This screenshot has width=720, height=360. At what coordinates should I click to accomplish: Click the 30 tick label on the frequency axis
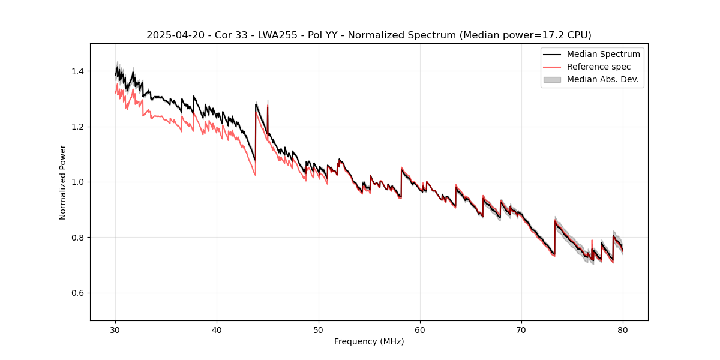(116, 329)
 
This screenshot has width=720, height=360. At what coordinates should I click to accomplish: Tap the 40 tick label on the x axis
(217, 329)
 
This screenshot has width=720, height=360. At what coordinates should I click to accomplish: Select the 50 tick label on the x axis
(319, 329)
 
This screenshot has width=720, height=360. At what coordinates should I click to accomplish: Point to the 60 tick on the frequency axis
(420, 329)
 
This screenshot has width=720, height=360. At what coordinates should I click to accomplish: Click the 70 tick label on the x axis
(521, 329)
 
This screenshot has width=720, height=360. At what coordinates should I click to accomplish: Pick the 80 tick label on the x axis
(623, 329)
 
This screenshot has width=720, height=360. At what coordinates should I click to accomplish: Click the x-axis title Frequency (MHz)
(369, 341)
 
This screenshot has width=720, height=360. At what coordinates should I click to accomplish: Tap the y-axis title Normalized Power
(63, 182)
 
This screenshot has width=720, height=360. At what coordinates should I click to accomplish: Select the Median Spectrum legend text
(603, 54)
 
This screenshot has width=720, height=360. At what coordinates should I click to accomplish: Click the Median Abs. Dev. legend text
(603, 79)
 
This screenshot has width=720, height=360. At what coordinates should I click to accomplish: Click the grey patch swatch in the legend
(551, 79)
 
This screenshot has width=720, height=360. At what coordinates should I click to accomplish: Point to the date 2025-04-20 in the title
(171, 35)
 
